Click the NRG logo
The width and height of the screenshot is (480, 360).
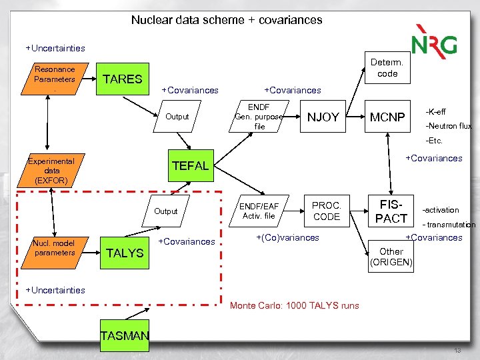434,41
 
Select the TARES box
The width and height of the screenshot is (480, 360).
122,79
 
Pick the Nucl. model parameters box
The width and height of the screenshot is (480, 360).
55,248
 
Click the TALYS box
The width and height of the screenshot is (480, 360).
125,253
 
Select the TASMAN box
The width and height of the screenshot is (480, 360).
125,336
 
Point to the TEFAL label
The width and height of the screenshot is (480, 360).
191,166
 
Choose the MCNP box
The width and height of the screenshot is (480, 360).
387,117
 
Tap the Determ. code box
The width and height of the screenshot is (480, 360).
387,68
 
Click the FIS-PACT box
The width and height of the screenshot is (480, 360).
391,211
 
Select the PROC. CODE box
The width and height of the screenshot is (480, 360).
326,211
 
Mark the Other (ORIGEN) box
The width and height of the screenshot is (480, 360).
391,257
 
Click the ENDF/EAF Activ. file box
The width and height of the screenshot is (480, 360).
260,211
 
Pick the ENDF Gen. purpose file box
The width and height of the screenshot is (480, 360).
260,117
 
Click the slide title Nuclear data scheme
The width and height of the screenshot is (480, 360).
227,20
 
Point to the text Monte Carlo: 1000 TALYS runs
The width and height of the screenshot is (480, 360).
294,306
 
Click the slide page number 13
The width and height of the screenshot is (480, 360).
457,351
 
